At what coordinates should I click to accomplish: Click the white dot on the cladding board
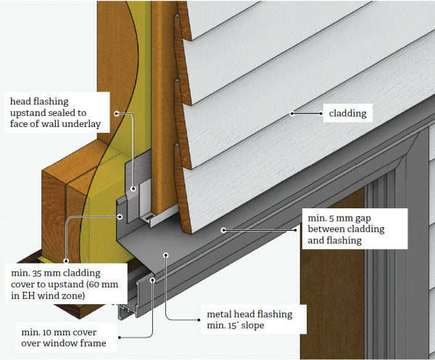[x=292, y=113]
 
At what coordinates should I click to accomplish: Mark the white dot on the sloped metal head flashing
[x=166, y=255]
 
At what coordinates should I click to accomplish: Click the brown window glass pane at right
[x=341, y=276]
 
